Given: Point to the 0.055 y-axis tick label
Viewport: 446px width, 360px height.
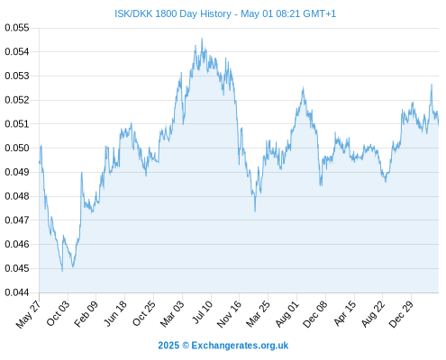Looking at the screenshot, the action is click(17, 28).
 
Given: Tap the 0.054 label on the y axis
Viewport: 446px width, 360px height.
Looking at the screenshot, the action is click(17, 52).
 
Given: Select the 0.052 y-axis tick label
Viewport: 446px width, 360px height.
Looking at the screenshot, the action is click(17, 100).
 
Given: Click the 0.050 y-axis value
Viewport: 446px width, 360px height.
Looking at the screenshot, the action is click(17, 148).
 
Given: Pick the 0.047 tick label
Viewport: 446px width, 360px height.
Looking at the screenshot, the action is click(17, 220).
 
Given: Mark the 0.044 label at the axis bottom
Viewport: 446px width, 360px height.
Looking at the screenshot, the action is click(17, 292).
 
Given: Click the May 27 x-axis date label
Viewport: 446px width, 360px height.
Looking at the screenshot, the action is click(28, 314).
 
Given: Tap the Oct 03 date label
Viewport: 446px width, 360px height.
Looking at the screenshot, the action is click(58, 313).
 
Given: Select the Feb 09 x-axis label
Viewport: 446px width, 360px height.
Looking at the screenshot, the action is click(86, 314).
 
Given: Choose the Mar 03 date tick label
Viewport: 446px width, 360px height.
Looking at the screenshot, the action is click(172, 314).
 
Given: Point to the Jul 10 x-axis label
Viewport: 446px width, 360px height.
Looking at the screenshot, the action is click(203, 312).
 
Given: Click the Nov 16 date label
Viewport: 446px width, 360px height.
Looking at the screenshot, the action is click(230, 314).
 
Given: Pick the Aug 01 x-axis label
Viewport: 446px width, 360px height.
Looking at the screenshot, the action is click(287, 314).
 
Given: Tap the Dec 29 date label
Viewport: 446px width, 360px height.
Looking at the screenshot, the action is click(401, 314).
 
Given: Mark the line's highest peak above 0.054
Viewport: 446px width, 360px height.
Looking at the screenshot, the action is click(202, 39).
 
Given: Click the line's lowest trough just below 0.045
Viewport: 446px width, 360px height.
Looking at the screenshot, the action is click(62, 271).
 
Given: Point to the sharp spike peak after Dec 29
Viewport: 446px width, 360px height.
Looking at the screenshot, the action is click(432, 85).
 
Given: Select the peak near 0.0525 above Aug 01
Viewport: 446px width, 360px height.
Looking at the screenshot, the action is click(303, 87).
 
